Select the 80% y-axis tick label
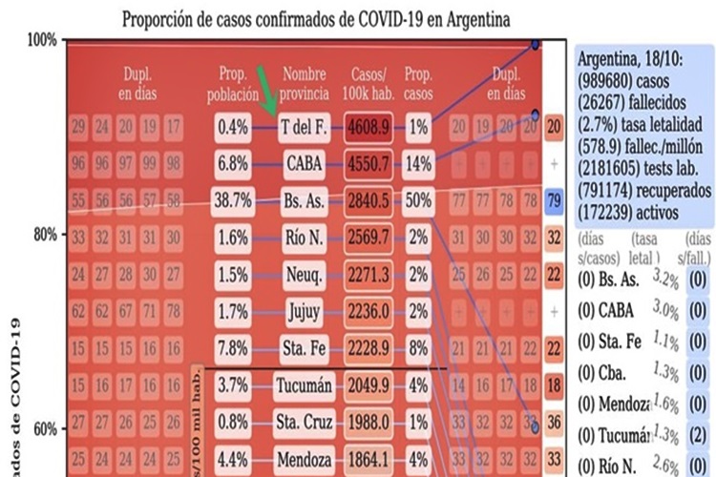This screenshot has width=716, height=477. (43, 235)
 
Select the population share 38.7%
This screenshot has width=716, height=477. (233, 202)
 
